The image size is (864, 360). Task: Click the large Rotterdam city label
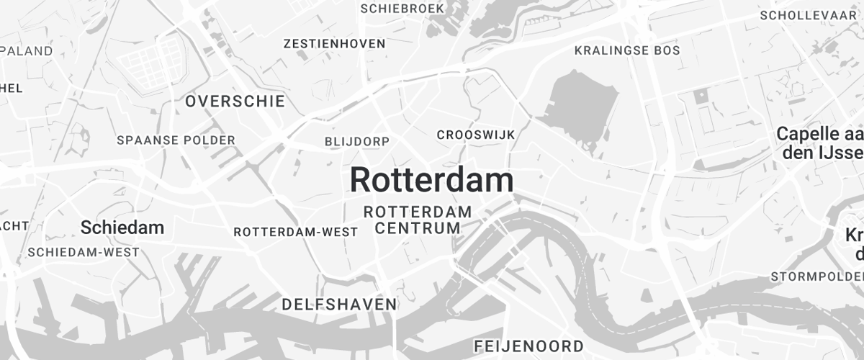(431, 180)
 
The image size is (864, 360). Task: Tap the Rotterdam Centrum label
(418, 220)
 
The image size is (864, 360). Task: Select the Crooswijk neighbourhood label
(476, 135)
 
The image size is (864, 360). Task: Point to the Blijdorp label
(357, 141)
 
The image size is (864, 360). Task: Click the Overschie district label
(235, 102)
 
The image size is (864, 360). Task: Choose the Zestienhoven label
(335, 44)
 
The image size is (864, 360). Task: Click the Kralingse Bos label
(627, 50)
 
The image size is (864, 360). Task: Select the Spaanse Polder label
(176, 140)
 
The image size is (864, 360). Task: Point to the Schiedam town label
(122, 228)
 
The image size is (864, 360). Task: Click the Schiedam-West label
(84, 253)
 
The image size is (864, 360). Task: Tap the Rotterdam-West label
(296, 232)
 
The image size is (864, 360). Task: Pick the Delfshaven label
(339, 304)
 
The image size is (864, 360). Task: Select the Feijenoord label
(528, 346)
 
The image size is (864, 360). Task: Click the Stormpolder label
(816, 276)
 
